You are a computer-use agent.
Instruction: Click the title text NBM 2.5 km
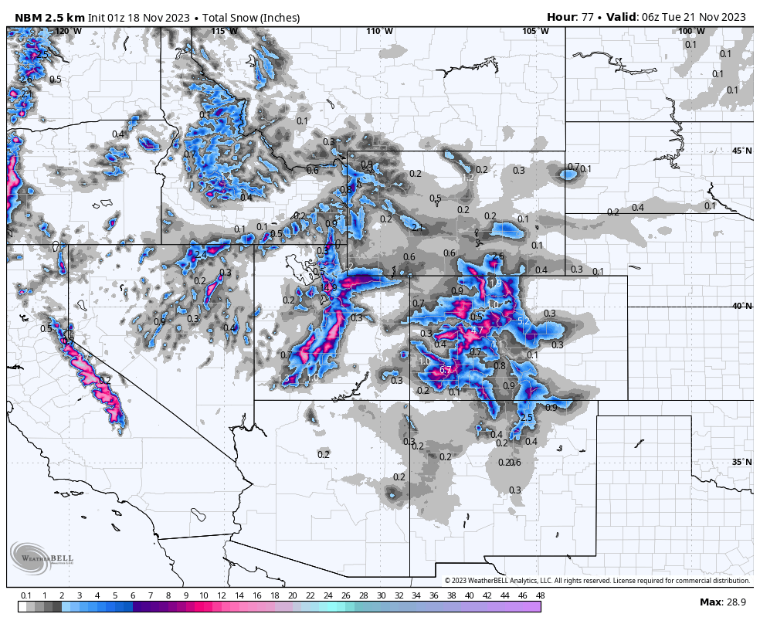[48, 17]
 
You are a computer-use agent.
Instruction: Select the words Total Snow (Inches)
[251, 17]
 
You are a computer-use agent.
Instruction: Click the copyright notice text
[597, 581]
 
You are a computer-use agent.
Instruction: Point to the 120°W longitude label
[68, 31]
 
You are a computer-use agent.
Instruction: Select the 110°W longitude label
[379, 31]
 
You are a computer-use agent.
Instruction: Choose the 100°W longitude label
[691, 31]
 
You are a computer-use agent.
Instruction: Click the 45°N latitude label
[741, 151]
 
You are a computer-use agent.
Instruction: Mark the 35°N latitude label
[741, 462]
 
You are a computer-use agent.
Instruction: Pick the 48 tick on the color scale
[540, 595]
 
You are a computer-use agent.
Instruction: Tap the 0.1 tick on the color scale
[25, 595]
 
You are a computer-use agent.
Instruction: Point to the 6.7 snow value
[446, 371]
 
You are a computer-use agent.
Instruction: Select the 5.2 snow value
[524, 320]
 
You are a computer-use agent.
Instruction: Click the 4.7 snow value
[477, 331]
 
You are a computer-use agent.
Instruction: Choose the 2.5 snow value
[527, 418]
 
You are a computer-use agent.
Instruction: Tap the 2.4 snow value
[200, 254]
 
